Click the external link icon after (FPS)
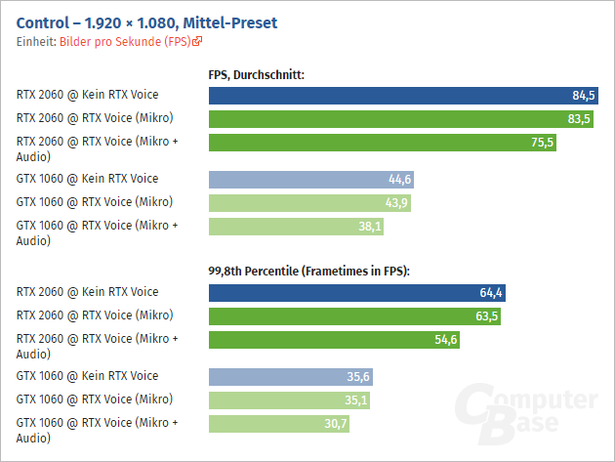(x=198, y=42)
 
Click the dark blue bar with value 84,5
(x=390, y=96)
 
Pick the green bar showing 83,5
(x=390, y=119)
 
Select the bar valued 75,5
(x=381, y=143)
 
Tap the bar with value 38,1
(x=293, y=227)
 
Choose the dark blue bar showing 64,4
(x=351, y=293)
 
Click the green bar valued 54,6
(x=332, y=340)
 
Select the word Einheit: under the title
(x=37, y=42)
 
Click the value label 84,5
(x=584, y=96)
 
